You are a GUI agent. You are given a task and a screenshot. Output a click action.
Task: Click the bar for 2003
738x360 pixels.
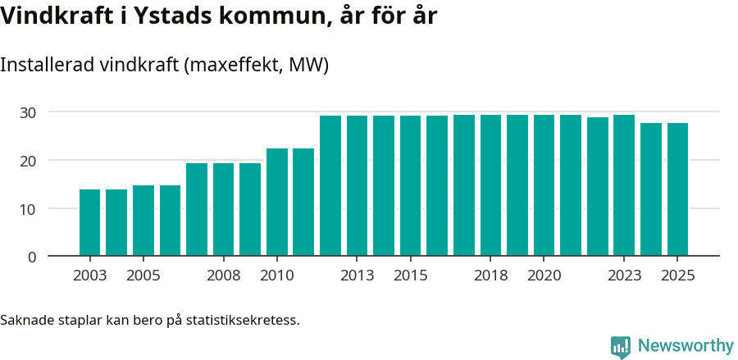[x=89, y=222]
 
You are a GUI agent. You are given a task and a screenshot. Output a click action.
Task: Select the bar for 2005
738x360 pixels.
[x=143, y=221]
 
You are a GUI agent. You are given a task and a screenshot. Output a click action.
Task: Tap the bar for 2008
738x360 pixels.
[x=223, y=209]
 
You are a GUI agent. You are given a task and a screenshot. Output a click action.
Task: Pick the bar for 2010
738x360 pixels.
[x=276, y=202]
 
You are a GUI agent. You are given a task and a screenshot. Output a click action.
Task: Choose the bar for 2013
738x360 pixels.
[x=357, y=185]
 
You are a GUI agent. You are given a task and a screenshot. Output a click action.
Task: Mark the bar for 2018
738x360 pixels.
[x=490, y=185]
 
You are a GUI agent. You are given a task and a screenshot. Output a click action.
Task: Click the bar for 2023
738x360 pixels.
[x=624, y=185]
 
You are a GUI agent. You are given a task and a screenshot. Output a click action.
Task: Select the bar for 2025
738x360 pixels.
[x=677, y=189]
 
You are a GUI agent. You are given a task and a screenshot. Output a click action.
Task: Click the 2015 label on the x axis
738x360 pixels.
[x=410, y=276]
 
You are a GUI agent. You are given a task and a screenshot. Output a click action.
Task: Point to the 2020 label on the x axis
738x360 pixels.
[x=544, y=276]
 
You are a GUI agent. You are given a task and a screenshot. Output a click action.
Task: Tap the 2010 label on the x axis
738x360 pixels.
[x=276, y=276]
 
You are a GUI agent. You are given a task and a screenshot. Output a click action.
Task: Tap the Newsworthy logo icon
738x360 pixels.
[x=621, y=347]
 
